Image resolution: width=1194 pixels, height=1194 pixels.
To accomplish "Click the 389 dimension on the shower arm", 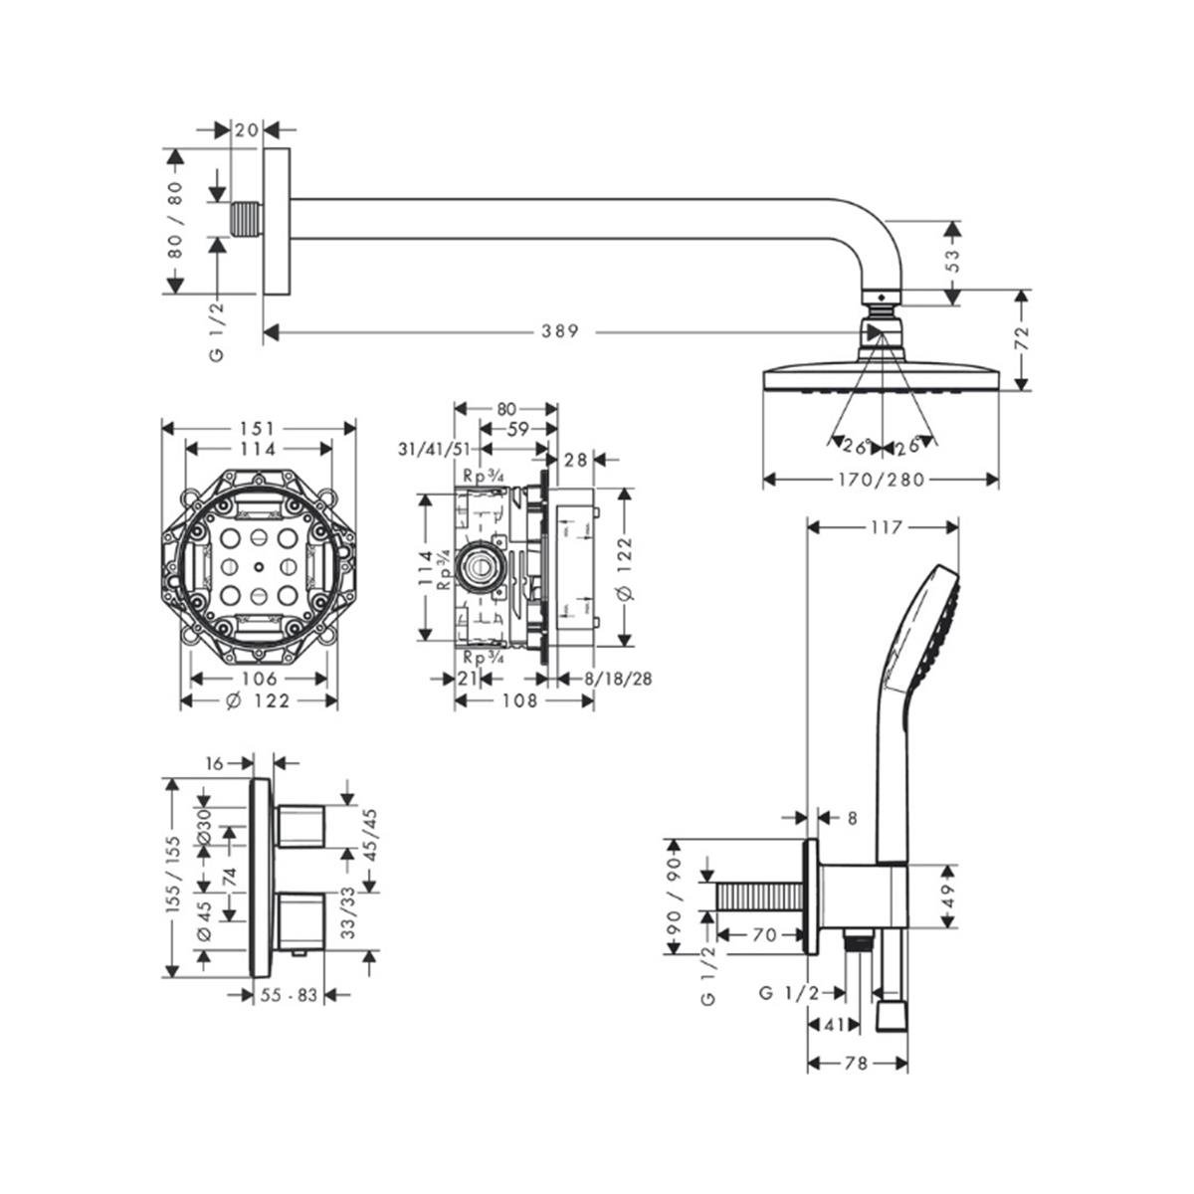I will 560,332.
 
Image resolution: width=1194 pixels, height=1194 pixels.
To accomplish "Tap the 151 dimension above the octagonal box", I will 257,428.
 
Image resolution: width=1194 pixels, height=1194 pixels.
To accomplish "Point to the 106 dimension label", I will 258,679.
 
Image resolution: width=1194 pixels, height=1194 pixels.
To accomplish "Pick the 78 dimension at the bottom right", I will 856,1063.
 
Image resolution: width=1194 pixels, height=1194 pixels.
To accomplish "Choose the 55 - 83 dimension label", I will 289,994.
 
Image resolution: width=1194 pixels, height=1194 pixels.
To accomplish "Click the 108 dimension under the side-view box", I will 520,701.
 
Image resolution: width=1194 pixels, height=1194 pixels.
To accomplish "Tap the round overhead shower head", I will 880,377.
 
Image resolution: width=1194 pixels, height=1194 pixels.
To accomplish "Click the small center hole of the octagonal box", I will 258,568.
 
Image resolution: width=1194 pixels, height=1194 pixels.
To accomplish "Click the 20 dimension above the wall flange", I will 247,129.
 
